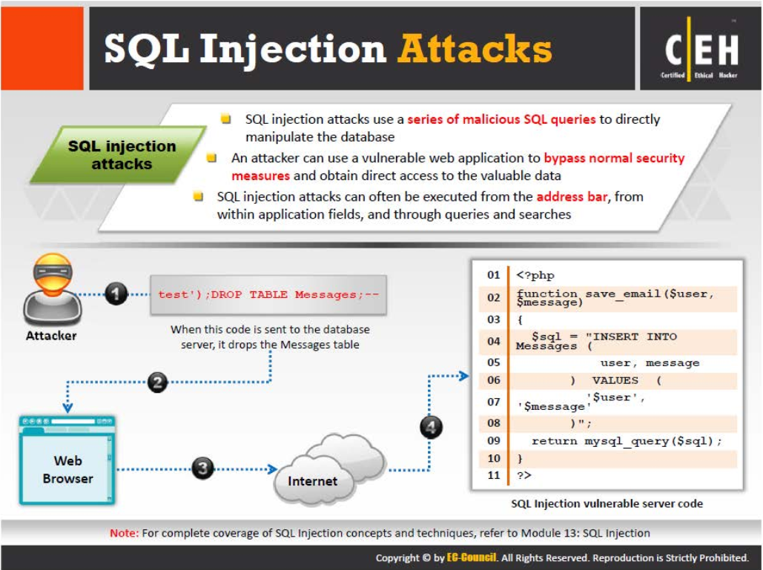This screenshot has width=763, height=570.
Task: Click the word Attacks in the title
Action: (475, 49)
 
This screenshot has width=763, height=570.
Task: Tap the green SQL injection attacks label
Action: (122, 155)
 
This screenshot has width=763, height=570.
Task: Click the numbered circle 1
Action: (116, 294)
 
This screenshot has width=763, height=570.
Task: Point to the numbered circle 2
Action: (157, 382)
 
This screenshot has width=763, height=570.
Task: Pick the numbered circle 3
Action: (202, 468)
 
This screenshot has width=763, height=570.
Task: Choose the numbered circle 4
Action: (431, 426)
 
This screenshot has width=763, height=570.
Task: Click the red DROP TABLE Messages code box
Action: (268, 295)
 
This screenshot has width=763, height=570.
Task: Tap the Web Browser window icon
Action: (67, 460)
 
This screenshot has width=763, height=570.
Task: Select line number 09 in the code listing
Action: (494, 441)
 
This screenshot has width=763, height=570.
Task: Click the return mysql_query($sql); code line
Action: (626, 441)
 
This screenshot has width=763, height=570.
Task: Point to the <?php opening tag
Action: (535, 275)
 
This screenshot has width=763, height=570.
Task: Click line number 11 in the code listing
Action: (494, 475)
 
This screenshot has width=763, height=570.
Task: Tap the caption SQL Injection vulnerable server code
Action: (607, 503)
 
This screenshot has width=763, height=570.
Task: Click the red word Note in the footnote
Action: (123, 532)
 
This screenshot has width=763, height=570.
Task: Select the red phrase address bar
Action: (569, 197)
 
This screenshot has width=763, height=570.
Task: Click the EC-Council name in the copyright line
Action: (472, 557)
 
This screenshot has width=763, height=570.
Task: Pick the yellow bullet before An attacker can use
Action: (212, 158)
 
